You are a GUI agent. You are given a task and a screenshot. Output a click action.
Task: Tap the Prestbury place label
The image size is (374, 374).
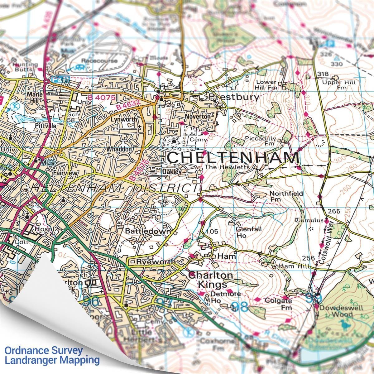coord(234,97)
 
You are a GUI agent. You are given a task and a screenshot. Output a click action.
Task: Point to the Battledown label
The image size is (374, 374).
coord(148,231)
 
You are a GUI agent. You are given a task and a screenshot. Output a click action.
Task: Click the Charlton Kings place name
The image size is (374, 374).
coord(211,280)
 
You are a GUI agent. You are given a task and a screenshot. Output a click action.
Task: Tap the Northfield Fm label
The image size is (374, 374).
coord(286,196)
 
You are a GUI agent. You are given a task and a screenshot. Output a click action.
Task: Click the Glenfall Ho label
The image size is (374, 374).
coord(245,233)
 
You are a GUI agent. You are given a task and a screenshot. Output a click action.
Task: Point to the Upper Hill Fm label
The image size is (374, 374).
coord(343,85)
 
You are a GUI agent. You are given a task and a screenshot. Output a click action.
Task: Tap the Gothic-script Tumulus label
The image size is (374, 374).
coord(309,220)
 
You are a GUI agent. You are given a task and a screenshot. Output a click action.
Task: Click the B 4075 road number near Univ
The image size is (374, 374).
coord(101,98)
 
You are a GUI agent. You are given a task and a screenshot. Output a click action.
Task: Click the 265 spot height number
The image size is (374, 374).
coord(334,211)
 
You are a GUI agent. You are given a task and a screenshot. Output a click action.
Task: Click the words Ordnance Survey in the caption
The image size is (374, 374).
coord(44,350)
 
